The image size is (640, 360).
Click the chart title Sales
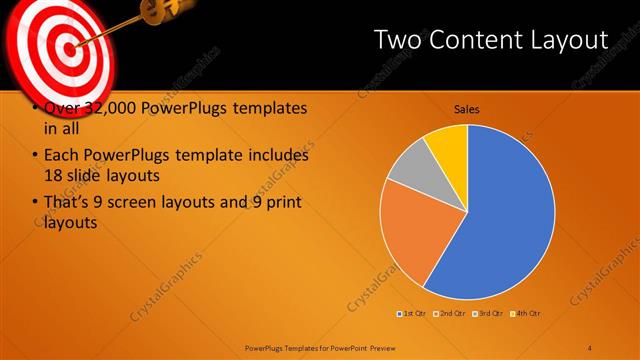(x=467, y=109)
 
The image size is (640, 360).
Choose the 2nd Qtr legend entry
(x=452, y=314)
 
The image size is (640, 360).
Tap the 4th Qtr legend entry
(x=527, y=314)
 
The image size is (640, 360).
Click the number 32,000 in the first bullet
(x=101, y=109)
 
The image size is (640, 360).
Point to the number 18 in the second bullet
(x=53, y=176)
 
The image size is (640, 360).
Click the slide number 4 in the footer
(x=589, y=346)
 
